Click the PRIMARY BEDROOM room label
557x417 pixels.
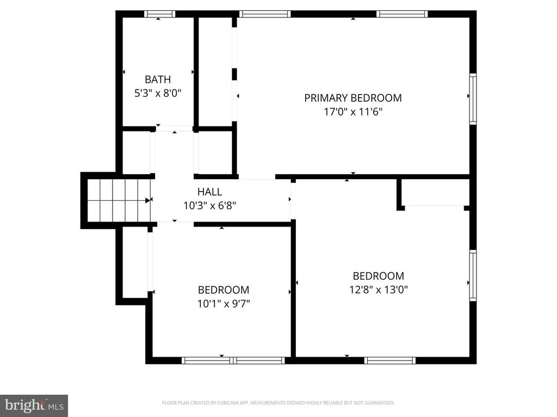[x=352, y=98]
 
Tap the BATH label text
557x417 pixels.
[x=157, y=79]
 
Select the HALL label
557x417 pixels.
[x=209, y=192]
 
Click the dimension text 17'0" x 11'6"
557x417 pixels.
[x=352, y=112]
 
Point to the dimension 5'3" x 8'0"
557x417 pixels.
[x=157, y=93]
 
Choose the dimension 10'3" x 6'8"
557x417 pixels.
[x=209, y=206]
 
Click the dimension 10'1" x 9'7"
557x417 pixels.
[x=224, y=304]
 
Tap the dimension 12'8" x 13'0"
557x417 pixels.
[x=379, y=290]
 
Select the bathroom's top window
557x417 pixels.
[x=159, y=14]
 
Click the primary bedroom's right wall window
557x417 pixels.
[x=473, y=99]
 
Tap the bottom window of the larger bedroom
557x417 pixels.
[x=389, y=360]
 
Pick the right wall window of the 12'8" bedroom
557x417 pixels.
[x=473, y=275]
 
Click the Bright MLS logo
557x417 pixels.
[x=34, y=405]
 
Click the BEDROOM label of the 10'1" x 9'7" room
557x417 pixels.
[x=224, y=290]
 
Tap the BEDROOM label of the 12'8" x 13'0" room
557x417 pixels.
[x=379, y=276]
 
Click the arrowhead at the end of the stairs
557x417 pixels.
[x=147, y=200]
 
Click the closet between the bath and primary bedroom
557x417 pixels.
[x=215, y=71]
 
